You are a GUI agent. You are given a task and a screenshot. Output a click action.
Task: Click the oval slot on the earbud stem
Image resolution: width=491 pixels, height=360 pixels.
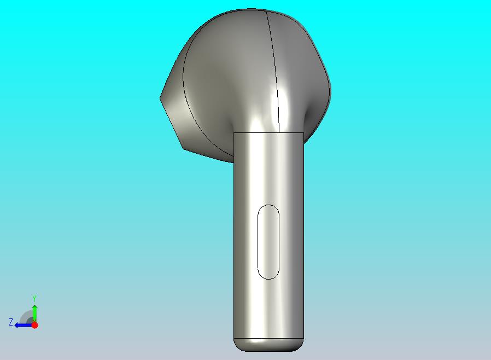[x=268, y=242]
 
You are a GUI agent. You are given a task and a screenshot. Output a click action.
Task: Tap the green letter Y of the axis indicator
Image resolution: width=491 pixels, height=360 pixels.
[x=34, y=298]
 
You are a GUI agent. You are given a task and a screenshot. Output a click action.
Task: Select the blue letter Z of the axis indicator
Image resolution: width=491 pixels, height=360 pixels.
[x=11, y=322]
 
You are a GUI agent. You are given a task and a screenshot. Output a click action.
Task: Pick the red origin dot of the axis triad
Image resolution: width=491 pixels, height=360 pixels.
[x=35, y=325]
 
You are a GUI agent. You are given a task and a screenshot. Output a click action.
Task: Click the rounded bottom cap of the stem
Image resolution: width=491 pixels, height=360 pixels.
[x=268, y=345]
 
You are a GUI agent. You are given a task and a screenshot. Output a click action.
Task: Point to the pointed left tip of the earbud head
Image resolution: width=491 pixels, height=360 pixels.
[x=160, y=98]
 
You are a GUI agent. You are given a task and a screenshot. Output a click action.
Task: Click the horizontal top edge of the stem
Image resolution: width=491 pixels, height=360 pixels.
[x=268, y=133]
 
